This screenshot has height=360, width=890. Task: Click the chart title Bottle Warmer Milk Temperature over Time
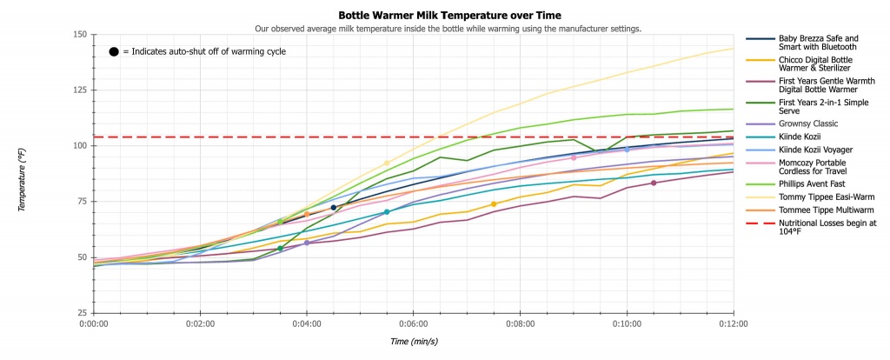pyautogui.click(x=448, y=15)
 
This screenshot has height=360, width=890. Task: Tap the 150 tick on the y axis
pyautogui.click(x=81, y=35)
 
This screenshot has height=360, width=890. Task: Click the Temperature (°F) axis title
pyautogui.click(x=26, y=173)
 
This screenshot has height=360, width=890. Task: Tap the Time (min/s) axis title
pyautogui.click(x=414, y=342)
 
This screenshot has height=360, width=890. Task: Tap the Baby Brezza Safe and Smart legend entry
pyautogui.click(x=817, y=43)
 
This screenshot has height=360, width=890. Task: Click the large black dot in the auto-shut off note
pyautogui.click(x=114, y=51)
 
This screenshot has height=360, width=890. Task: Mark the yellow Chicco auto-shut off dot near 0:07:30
pyautogui.click(x=494, y=204)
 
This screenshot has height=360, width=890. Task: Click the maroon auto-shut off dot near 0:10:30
pyautogui.click(x=653, y=183)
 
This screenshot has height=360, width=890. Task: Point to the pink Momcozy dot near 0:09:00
pyautogui.click(x=574, y=158)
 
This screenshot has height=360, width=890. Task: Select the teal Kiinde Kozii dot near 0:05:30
pyautogui.click(x=387, y=212)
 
